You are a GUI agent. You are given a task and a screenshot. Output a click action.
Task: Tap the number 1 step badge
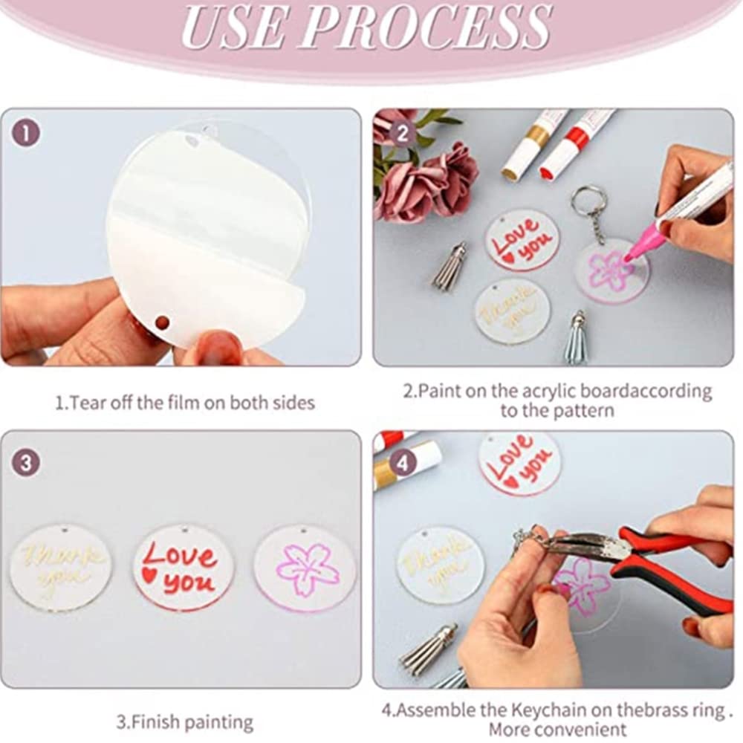tap(26, 134)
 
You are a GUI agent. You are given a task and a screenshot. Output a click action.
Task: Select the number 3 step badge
tap(26, 464)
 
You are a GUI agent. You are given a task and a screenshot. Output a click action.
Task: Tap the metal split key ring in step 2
tap(588, 201)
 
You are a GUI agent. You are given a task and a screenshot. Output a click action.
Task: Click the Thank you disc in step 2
tap(513, 311)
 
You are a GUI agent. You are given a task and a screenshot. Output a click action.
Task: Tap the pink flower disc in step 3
tap(305, 568)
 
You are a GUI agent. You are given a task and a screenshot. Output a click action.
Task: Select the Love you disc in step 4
tap(519, 462)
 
